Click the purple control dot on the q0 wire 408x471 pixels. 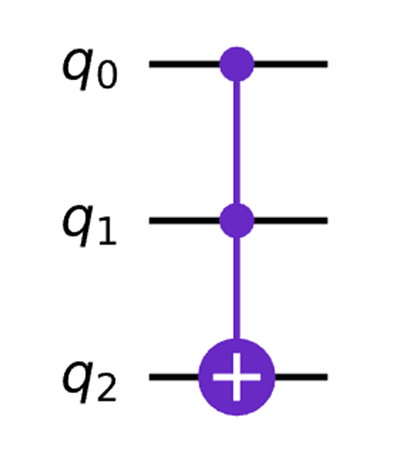click(x=237, y=64)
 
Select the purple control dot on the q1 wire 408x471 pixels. click(x=237, y=220)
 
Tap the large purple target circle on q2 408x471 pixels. click(x=237, y=377)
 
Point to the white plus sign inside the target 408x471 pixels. click(x=237, y=377)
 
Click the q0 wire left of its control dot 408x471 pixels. click(x=185, y=64)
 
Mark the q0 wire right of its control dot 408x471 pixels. click(x=290, y=64)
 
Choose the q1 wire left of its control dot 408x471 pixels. click(x=185, y=220)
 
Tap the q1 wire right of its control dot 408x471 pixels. click(x=290, y=220)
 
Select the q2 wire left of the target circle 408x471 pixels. click(x=174, y=377)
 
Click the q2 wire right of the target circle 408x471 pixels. click(x=301, y=377)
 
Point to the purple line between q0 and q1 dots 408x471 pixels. click(x=237, y=142)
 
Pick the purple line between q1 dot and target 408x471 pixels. click(x=237, y=288)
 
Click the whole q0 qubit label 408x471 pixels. click(x=89, y=70)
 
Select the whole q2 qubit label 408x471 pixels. click(x=89, y=383)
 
